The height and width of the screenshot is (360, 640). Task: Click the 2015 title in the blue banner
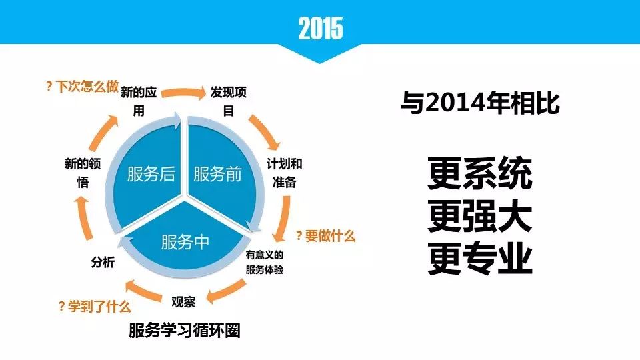click(x=321, y=28)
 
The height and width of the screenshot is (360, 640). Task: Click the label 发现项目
click(x=228, y=101)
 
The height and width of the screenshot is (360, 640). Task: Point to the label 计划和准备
click(x=284, y=173)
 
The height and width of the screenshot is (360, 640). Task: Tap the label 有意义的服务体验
click(x=265, y=262)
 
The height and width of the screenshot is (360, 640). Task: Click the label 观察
click(x=184, y=301)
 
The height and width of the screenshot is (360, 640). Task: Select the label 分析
click(x=103, y=261)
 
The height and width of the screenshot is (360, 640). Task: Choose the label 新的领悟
click(x=83, y=173)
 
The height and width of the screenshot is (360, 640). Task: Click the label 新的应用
click(x=139, y=101)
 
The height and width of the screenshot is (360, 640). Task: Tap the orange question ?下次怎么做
click(x=82, y=86)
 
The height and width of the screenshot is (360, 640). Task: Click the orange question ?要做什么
click(x=325, y=235)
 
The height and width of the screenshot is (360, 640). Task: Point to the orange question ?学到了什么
click(x=95, y=306)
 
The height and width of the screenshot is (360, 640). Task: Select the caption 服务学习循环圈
click(x=185, y=330)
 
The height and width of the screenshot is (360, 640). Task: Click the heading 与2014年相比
click(x=480, y=103)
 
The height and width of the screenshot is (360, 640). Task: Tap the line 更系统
click(x=480, y=173)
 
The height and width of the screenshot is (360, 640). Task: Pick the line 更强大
click(x=480, y=216)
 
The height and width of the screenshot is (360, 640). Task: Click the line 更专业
click(x=480, y=259)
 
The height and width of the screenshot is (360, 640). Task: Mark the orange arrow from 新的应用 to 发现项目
click(x=184, y=91)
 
